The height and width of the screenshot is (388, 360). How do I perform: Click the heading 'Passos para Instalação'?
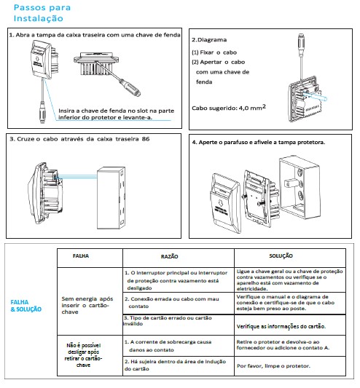click(42, 13)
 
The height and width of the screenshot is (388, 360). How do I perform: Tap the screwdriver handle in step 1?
click(130, 87)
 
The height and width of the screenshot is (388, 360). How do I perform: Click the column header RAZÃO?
click(170, 256)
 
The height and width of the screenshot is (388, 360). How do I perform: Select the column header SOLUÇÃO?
click(281, 256)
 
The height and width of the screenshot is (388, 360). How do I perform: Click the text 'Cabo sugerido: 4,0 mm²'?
click(229, 108)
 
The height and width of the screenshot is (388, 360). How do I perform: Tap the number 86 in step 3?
click(146, 139)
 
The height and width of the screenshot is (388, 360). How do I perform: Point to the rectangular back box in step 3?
click(111, 198)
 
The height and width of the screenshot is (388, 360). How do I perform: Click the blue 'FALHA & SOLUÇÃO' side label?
click(26, 306)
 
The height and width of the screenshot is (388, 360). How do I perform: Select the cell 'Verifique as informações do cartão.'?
click(281, 326)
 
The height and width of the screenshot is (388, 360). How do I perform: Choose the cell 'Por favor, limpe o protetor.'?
click(273, 365)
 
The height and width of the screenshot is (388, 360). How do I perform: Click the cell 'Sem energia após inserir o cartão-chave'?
click(87, 305)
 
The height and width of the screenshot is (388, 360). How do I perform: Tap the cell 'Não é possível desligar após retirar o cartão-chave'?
click(84, 355)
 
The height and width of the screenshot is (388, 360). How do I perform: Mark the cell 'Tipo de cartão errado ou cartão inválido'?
click(168, 321)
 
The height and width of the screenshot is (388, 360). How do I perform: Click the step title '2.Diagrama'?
click(209, 39)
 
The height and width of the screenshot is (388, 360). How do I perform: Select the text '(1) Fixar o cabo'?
click(214, 52)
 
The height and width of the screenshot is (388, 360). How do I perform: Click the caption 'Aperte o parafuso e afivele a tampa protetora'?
click(259, 142)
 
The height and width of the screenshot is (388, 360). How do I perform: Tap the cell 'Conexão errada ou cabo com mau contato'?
click(172, 302)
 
